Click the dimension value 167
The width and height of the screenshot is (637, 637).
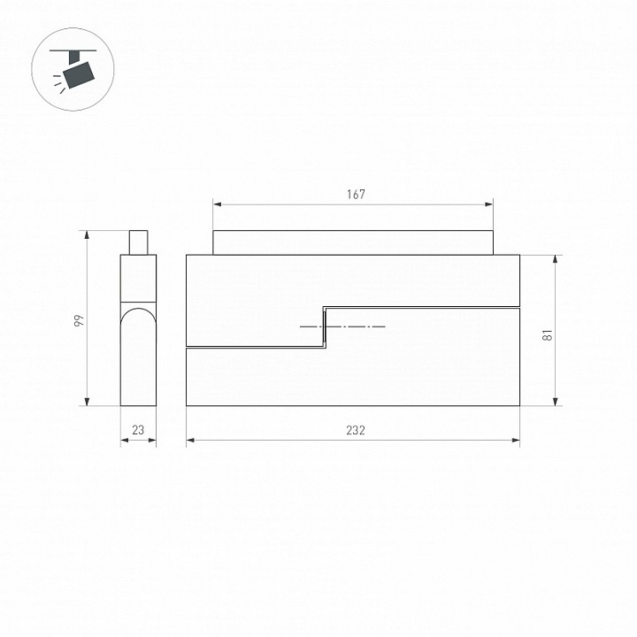[355, 195]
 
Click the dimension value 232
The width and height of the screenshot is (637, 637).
[355, 430]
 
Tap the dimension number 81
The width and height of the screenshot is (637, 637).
[547, 335]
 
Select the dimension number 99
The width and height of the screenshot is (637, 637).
[79, 321]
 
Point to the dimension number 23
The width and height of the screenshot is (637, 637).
[138, 430]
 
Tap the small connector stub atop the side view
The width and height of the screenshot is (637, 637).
[138, 242]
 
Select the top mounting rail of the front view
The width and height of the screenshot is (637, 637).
[352, 242]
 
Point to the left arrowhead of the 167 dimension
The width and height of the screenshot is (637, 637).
[216, 204]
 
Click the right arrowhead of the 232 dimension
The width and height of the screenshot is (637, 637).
[517, 440]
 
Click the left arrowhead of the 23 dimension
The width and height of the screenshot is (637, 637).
[123, 440]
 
